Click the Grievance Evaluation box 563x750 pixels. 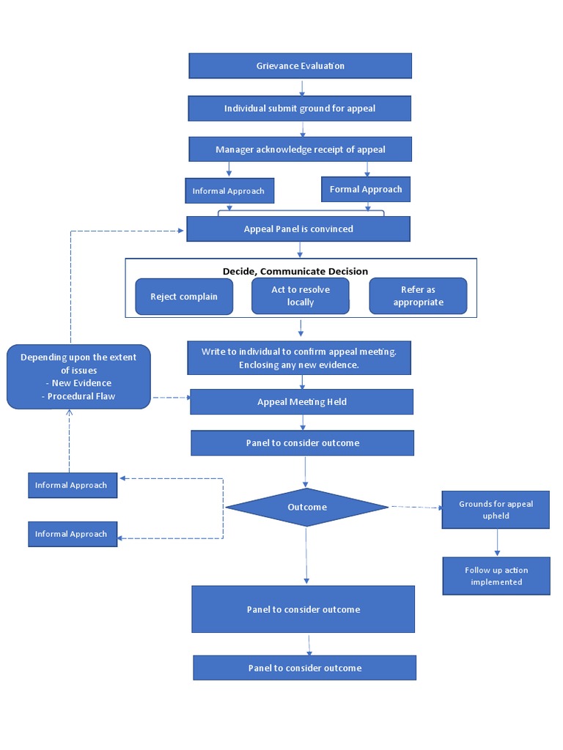pyautogui.click(x=300, y=66)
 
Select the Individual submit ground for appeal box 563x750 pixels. pyautogui.click(x=300, y=108)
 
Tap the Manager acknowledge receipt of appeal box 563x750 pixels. pyautogui.click(x=300, y=149)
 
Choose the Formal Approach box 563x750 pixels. pyautogui.click(x=366, y=189)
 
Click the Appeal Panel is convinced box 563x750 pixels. pyautogui.click(x=298, y=229)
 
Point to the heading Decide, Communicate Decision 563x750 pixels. pyautogui.click(x=295, y=271)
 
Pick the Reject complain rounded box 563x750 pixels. pyautogui.click(x=183, y=297)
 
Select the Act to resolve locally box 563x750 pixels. pyautogui.click(x=301, y=296)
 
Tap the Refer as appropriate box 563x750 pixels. pyautogui.click(x=418, y=296)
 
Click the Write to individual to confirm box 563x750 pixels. pyautogui.click(x=299, y=358)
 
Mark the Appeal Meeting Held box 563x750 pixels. pyautogui.click(x=301, y=401)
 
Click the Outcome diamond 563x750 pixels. pyautogui.click(x=306, y=507)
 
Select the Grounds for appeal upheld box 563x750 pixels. pyautogui.click(x=496, y=510)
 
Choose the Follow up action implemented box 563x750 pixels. pyautogui.click(x=496, y=576)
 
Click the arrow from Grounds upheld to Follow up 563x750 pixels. pyautogui.click(x=497, y=543)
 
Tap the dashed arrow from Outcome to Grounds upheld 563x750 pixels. pyautogui.click(x=415, y=507)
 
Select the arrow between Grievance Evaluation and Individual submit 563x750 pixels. pyautogui.click(x=302, y=87)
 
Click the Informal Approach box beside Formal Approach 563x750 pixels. pyautogui.click(x=229, y=191)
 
